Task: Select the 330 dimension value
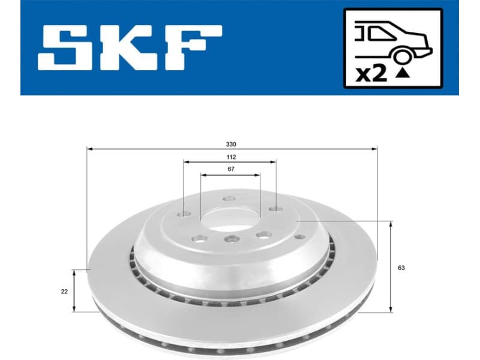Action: (232, 144)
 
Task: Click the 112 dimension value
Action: (231, 157)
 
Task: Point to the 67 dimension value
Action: (231, 170)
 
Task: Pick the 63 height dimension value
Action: (400, 268)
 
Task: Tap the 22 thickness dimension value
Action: (64, 291)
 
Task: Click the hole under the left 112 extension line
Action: (184, 214)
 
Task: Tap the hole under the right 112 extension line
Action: (275, 209)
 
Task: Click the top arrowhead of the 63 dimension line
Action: (391, 223)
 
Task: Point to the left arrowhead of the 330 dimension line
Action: (89, 148)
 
